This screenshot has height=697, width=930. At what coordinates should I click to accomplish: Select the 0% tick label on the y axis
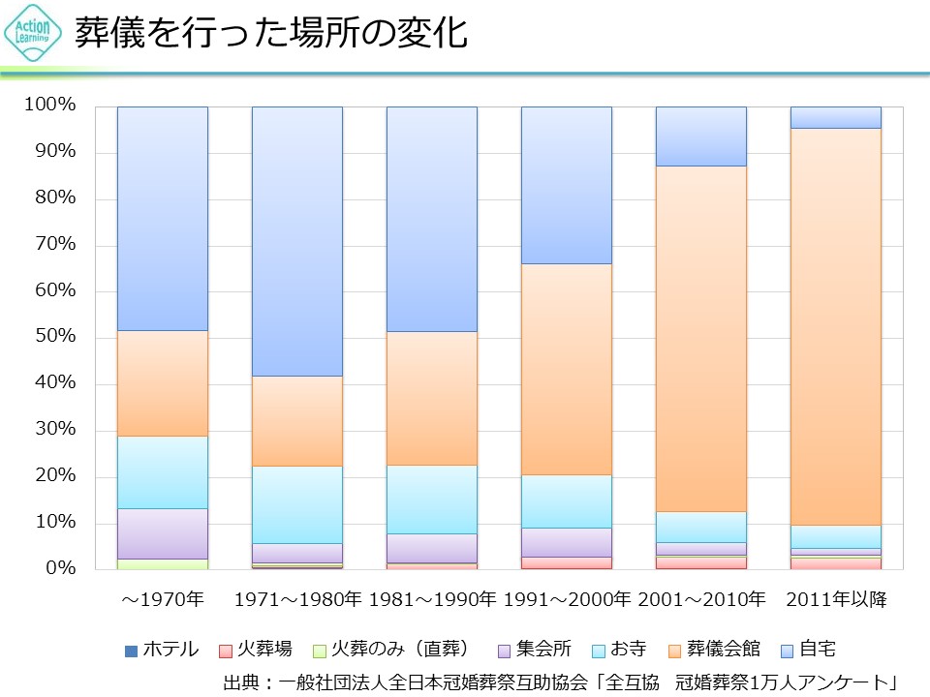tap(59, 568)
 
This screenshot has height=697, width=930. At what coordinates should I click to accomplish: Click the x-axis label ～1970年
tap(163, 600)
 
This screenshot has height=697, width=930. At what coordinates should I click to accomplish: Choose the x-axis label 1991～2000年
tap(568, 600)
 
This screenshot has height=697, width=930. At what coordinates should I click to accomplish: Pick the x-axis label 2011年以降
tap(836, 600)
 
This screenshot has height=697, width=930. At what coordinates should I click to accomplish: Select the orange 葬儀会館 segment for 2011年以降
tap(836, 325)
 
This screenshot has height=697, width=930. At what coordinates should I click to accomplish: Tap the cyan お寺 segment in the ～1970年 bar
tap(163, 471)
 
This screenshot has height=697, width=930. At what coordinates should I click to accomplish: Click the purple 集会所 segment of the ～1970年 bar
tap(163, 533)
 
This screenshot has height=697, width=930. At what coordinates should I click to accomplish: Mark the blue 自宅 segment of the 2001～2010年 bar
tap(701, 136)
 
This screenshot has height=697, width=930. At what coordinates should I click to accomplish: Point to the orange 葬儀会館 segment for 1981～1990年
tap(432, 398)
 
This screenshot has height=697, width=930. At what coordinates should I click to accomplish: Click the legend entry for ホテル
tap(163, 650)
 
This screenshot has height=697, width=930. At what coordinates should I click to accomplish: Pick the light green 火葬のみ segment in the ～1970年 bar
tap(163, 563)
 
